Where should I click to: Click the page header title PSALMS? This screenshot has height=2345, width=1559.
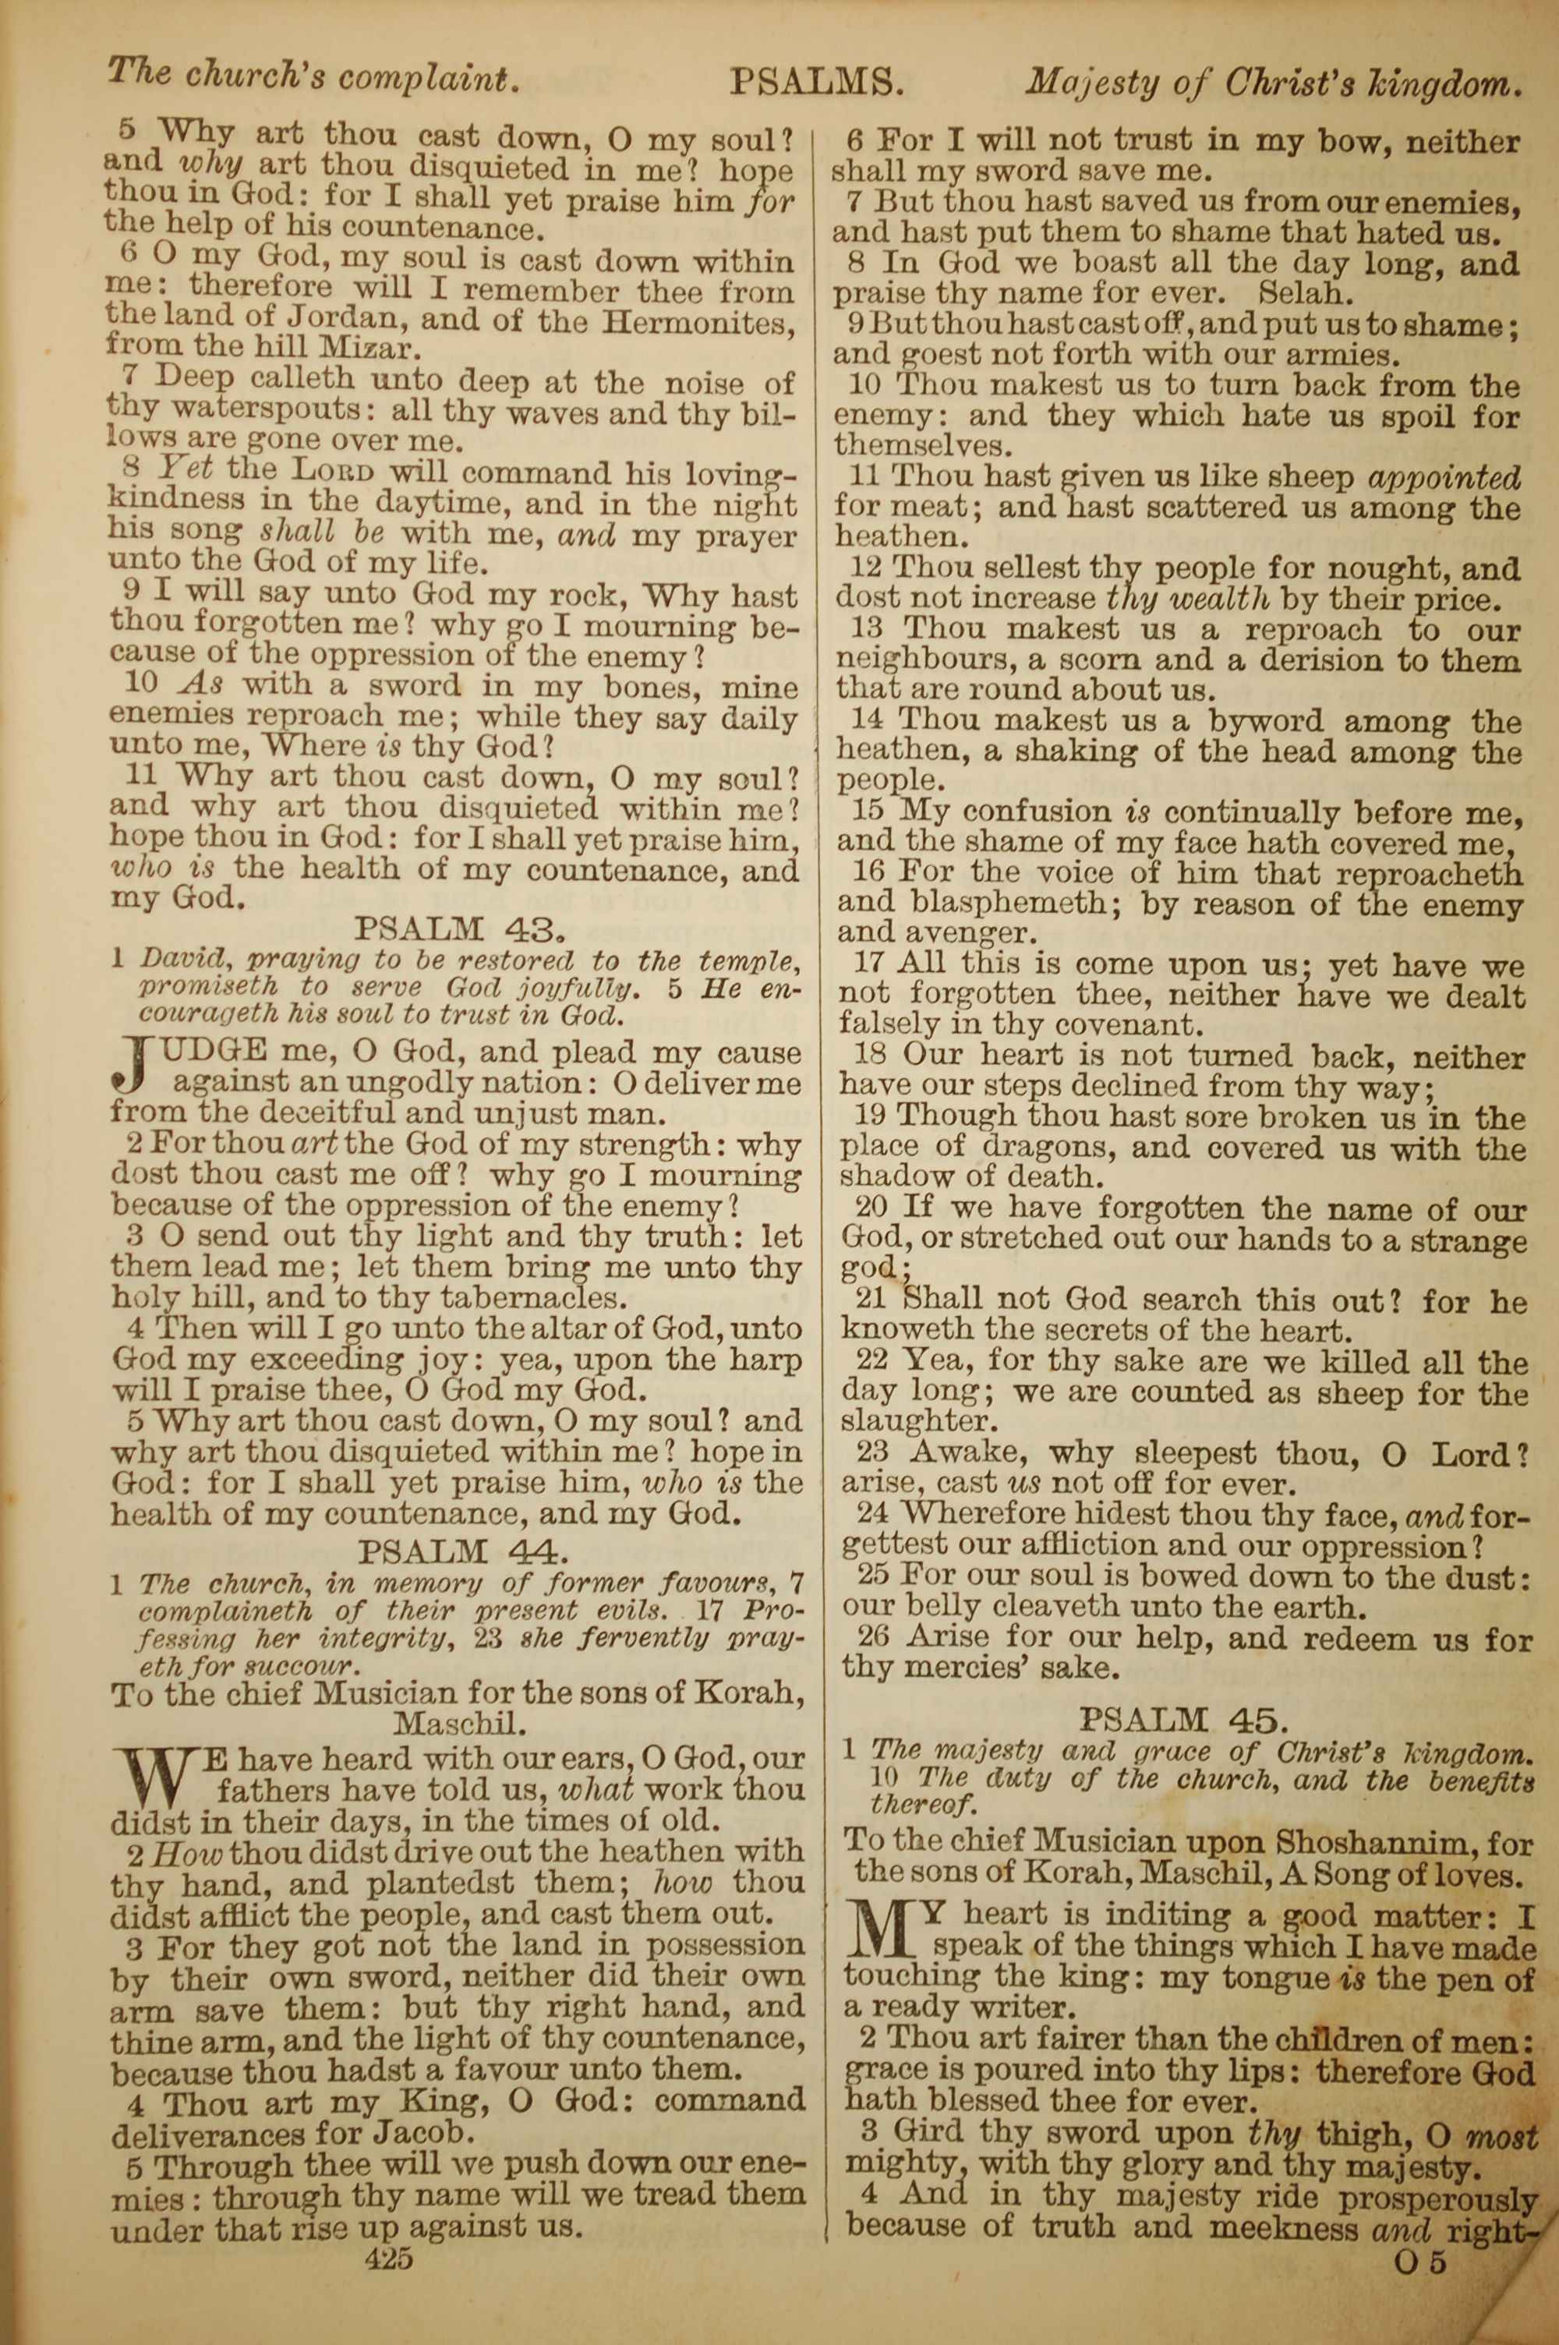tap(816, 83)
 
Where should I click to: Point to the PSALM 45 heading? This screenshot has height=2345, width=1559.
tap(1183, 1720)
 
